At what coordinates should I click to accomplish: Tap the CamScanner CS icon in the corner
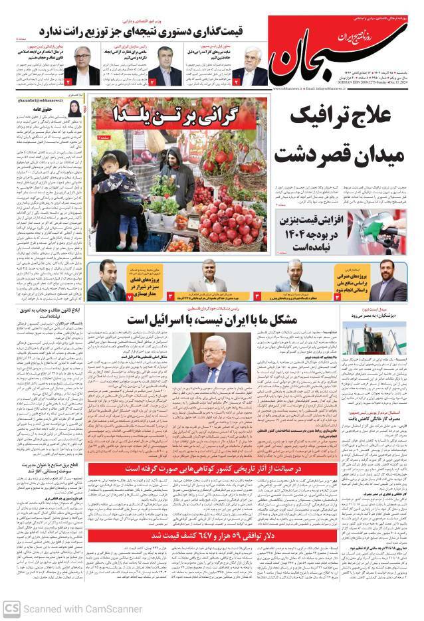coord(11,608)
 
